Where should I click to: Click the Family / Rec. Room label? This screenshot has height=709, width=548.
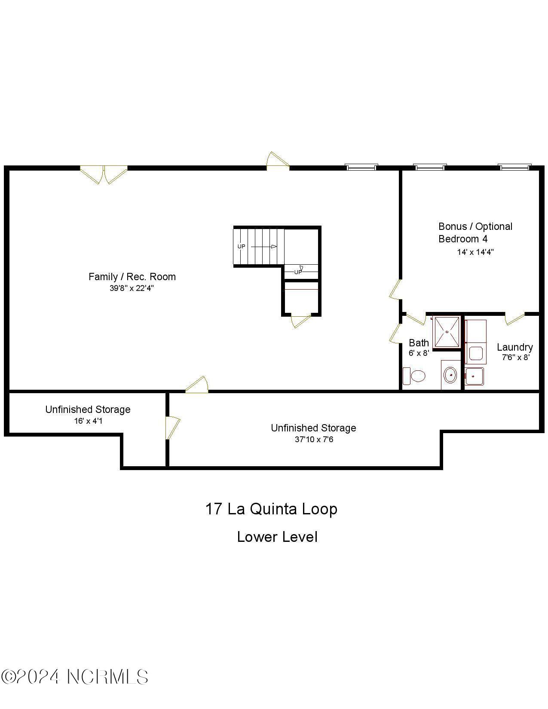(132, 277)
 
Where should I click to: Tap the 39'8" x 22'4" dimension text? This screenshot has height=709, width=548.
(132, 288)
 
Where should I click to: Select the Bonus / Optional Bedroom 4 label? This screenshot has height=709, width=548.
(475, 232)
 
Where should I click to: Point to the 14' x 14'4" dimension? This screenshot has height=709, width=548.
(475, 252)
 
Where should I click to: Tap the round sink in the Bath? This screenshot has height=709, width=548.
(450, 375)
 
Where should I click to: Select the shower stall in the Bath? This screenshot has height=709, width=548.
(447, 332)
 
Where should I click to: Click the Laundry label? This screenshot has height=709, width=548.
(514, 347)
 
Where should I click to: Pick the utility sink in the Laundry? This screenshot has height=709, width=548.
(474, 376)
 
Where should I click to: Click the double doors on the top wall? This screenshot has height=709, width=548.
(104, 174)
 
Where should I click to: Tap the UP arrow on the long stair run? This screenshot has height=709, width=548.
(263, 247)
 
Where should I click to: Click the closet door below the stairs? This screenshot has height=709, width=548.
(300, 321)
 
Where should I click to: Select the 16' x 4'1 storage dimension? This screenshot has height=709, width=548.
(88, 421)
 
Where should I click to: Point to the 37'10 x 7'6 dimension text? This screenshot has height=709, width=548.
(314, 440)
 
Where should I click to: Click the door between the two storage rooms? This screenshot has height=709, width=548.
(172, 428)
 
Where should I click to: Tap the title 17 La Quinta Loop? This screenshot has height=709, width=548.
(271, 509)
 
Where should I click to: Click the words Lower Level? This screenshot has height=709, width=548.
(277, 537)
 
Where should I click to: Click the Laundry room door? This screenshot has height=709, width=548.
(514, 318)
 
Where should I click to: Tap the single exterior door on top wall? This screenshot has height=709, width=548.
(277, 161)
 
